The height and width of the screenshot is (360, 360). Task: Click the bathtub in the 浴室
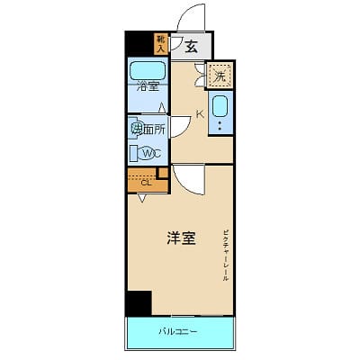point(148,70)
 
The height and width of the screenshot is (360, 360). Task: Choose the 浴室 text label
point(148,86)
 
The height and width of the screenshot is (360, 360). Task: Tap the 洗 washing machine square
point(220,76)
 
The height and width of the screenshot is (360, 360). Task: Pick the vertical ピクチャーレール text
point(226,256)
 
